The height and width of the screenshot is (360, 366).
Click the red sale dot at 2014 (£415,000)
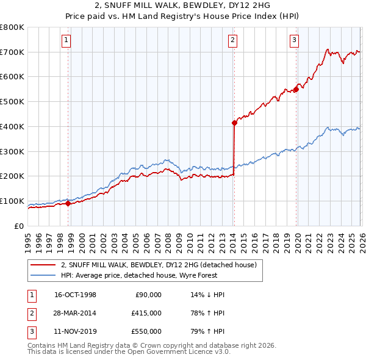click(x=234, y=123)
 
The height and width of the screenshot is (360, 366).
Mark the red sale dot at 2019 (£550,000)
click(x=296, y=89)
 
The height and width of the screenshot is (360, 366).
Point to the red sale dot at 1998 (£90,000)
click(x=68, y=204)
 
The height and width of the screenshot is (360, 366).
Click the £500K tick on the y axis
click(x=12, y=102)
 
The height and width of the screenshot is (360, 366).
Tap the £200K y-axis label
click(x=12, y=176)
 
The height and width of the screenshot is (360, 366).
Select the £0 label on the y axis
click(x=19, y=226)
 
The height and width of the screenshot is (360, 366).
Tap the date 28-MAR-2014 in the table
click(x=75, y=312)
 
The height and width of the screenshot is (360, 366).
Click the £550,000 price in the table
click(x=146, y=331)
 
